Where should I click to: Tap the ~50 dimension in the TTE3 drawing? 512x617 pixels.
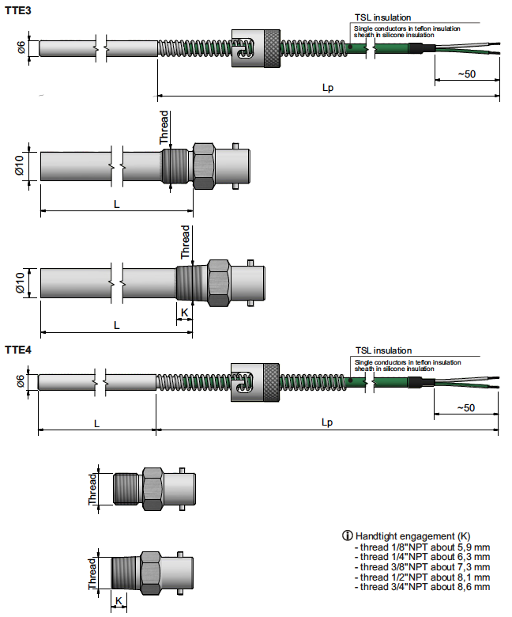(466, 75)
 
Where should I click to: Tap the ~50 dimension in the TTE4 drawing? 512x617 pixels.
(466, 408)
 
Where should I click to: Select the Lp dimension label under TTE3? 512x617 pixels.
(328, 88)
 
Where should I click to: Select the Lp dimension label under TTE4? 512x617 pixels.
(328, 423)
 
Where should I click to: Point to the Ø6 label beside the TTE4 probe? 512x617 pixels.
(21, 382)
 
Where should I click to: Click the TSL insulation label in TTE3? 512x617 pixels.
(383, 17)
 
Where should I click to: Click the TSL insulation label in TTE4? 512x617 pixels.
(383, 350)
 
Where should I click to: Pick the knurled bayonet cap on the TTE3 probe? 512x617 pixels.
(255, 49)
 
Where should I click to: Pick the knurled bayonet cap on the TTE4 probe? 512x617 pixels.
(255, 382)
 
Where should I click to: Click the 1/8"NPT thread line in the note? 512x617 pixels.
(423, 547)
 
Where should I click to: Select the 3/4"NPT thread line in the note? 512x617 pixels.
(423, 587)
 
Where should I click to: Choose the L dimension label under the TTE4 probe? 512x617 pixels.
(97, 423)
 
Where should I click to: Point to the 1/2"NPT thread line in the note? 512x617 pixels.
(423, 577)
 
